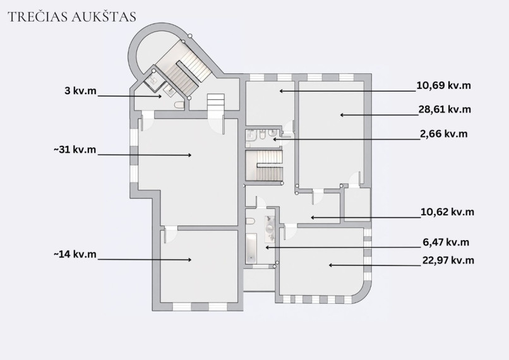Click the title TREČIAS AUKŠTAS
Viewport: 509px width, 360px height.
72,17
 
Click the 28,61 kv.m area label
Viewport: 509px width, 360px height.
445,109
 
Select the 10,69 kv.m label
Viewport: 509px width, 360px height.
443,86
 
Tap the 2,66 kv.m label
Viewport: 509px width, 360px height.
444,134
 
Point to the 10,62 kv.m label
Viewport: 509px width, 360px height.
447,212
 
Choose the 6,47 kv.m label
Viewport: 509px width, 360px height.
446,242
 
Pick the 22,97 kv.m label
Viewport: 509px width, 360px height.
448,260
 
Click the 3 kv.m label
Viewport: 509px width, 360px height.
80,90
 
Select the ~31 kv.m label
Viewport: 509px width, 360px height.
75,150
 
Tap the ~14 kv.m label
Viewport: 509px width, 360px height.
75,254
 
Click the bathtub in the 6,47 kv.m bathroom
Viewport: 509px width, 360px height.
251,248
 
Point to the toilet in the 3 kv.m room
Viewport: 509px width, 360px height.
179,105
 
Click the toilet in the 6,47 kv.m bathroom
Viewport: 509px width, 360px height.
250,222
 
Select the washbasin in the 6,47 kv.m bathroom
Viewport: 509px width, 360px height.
270,229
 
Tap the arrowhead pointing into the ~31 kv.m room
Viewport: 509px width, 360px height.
189,155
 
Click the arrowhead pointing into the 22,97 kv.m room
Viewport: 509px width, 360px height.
331,265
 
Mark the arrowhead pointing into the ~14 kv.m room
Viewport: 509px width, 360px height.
189,260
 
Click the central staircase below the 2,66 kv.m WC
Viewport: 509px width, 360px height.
264,165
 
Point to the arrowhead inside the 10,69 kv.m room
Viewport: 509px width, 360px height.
282,91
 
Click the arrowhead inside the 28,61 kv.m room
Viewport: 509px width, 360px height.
342,115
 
